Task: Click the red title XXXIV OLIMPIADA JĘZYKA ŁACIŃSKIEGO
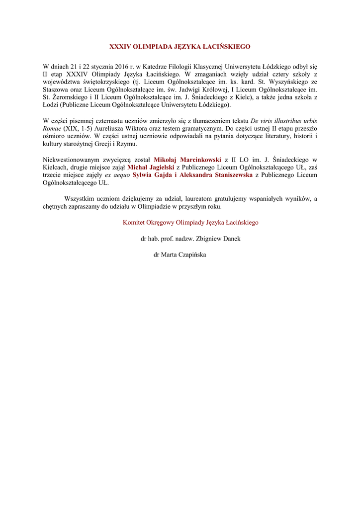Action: (x=180, y=47)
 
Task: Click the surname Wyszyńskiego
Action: (x=289, y=82)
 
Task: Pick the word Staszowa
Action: (x=57, y=89)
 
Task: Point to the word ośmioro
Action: (x=54, y=137)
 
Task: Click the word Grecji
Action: (x=102, y=144)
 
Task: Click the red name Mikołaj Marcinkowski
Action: (x=187, y=160)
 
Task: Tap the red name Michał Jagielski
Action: (x=151, y=168)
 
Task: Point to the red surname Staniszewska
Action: (x=227, y=175)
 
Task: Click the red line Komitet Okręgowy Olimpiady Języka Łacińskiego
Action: (x=190, y=223)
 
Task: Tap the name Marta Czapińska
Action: (x=187, y=254)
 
